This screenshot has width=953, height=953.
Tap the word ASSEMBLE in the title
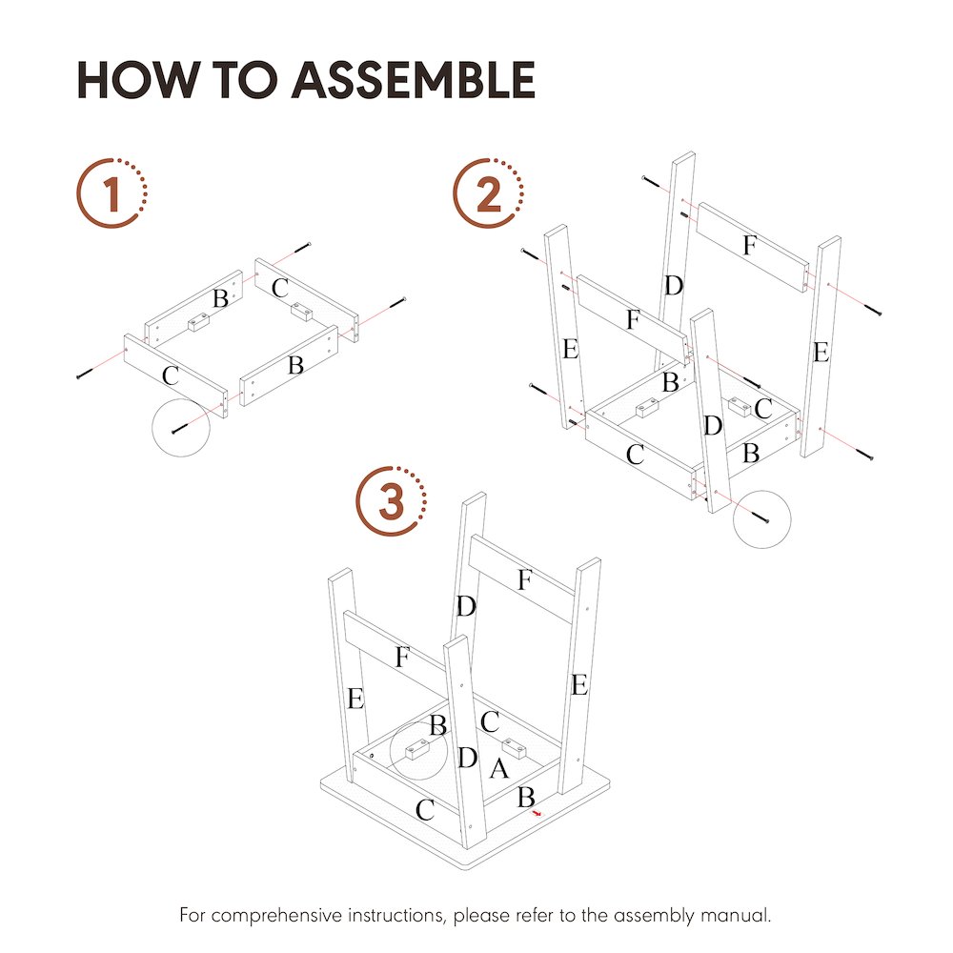pos(414,80)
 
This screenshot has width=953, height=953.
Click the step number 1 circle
pos(112,193)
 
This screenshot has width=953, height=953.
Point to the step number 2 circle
pos(488,193)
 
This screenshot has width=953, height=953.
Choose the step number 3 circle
pos(392,501)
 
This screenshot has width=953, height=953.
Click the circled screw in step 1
pos(180,429)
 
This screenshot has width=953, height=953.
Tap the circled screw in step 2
pos(761,518)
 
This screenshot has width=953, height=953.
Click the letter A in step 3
pos(499,769)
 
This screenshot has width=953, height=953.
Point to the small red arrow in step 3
pos(536,813)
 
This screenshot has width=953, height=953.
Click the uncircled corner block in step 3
pos(515,749)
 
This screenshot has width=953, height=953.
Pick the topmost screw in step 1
pos(303,248)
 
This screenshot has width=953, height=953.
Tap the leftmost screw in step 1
pos(85,374)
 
